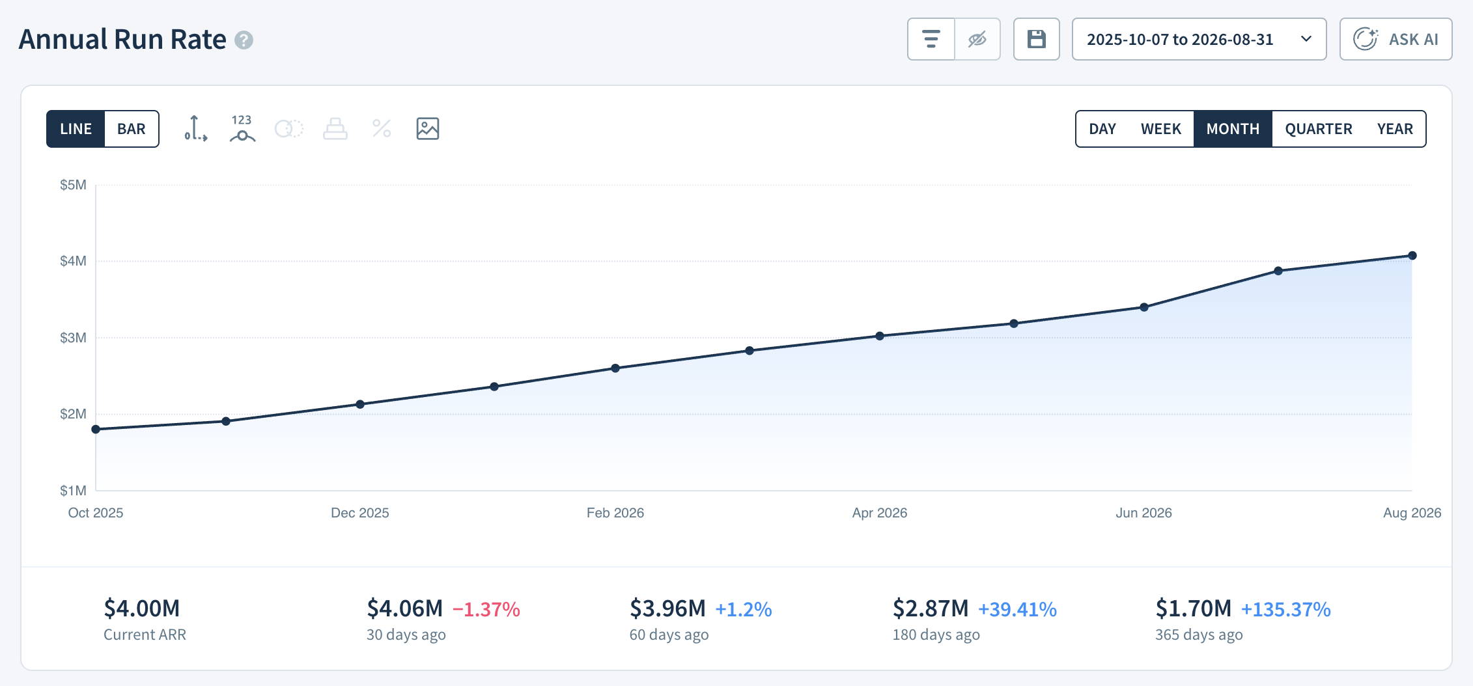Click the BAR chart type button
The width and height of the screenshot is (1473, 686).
coord(132,129)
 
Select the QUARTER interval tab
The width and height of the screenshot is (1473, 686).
coord(1319,129)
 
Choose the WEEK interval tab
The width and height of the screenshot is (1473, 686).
coord(1161,129)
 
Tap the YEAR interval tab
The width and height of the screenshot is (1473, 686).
coord(1395,129)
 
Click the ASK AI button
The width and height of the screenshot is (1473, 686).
coord(1396,39)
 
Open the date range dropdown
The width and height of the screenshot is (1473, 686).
coord(1199,39)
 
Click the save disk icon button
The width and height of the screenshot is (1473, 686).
coord(1037,39)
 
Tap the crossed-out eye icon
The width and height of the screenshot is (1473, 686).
coord(977,39)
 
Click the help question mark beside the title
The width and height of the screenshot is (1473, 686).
coord(244,40)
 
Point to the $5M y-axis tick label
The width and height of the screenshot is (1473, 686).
coord(73,185)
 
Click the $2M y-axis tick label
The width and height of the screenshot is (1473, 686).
coord(73,414)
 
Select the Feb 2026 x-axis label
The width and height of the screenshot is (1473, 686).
coord(615,513)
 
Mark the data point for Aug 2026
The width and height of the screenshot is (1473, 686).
coord(1412,256)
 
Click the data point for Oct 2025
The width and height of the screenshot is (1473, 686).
coord(96,430)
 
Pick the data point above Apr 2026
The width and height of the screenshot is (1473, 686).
coord(880,336)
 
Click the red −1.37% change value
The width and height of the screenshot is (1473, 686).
coord(486,609)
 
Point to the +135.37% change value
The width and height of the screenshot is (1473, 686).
coord(1285,609)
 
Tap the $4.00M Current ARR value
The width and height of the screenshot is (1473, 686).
coord(142,609)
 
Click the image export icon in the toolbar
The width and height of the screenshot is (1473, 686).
coord(428,129)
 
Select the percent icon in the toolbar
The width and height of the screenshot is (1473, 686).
coord(382,129)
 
